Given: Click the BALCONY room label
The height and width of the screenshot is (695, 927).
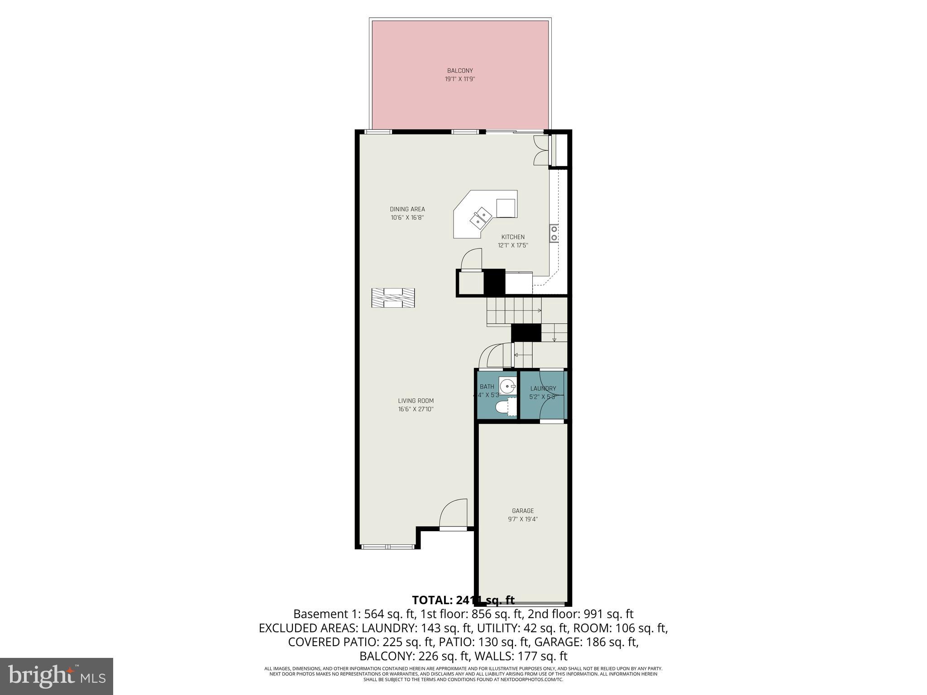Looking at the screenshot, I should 460,71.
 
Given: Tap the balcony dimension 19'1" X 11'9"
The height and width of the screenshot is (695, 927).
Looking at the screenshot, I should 460,79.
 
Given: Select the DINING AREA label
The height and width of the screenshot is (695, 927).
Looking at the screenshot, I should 407,209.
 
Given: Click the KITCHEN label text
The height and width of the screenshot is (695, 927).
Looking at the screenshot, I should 513,237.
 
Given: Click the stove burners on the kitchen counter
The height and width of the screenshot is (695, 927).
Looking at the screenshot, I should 554,233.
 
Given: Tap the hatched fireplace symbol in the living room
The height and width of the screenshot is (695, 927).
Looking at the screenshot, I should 393,298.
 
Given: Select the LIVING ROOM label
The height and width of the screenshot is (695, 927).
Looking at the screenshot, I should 416,400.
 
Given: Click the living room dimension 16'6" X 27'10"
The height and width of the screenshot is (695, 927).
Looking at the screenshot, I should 416,409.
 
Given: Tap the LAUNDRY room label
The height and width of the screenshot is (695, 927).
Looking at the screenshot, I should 543,388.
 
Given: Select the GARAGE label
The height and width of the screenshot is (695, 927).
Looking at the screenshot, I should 523,511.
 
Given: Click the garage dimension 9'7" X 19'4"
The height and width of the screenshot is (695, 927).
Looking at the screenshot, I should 523,519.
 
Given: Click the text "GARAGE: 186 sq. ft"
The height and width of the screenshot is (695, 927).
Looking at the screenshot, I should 586,642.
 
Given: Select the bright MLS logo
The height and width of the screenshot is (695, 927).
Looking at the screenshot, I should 57,676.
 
